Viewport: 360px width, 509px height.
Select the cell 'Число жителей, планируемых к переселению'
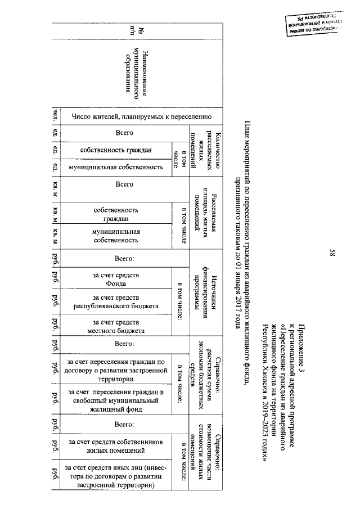click(141, 117)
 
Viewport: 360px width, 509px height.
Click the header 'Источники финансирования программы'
click(206, 296)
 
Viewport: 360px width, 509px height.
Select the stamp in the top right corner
click(314, 28)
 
